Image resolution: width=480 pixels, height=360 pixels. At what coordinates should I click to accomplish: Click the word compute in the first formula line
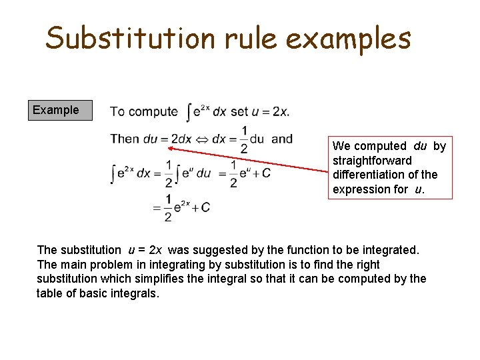coord(158,112)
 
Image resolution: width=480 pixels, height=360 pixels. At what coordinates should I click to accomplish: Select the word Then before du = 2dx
coord(125,139)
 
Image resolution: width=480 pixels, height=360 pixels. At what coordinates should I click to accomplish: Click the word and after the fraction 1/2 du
coord(282,139)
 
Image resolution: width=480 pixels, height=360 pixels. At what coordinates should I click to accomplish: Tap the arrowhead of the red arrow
coord(168,149)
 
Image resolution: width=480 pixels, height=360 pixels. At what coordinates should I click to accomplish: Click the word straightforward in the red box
coord(372,161)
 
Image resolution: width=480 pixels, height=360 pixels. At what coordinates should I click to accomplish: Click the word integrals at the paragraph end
coord(137,293)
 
